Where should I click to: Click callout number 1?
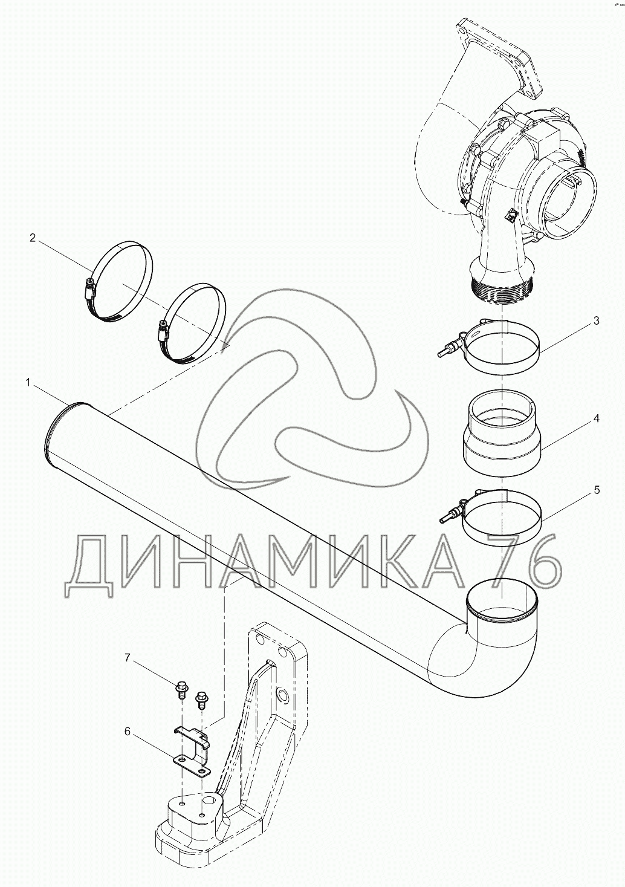pos(28,383)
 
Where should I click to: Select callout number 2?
pos(33,238)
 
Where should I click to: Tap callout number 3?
pos(596,320)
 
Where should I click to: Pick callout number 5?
pos(597,490)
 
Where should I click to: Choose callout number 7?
pos(127,658)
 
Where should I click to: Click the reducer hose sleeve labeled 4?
pos(502,431)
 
